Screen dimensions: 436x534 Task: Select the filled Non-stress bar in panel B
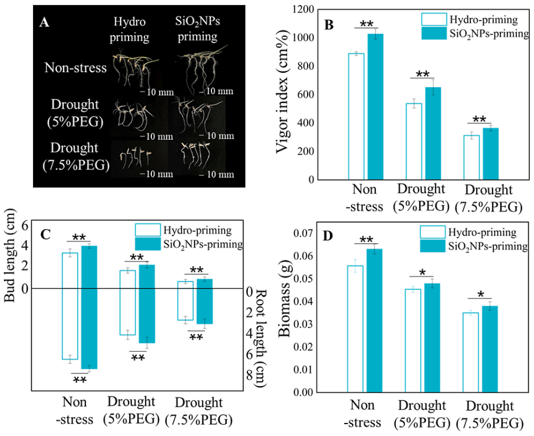375,106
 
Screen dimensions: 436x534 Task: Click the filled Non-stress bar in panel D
374,320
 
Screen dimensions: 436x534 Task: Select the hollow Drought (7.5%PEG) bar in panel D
470,352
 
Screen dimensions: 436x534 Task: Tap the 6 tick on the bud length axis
24,225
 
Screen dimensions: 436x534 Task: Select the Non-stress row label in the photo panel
76,69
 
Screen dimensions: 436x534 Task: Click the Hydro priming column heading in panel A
130,30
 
